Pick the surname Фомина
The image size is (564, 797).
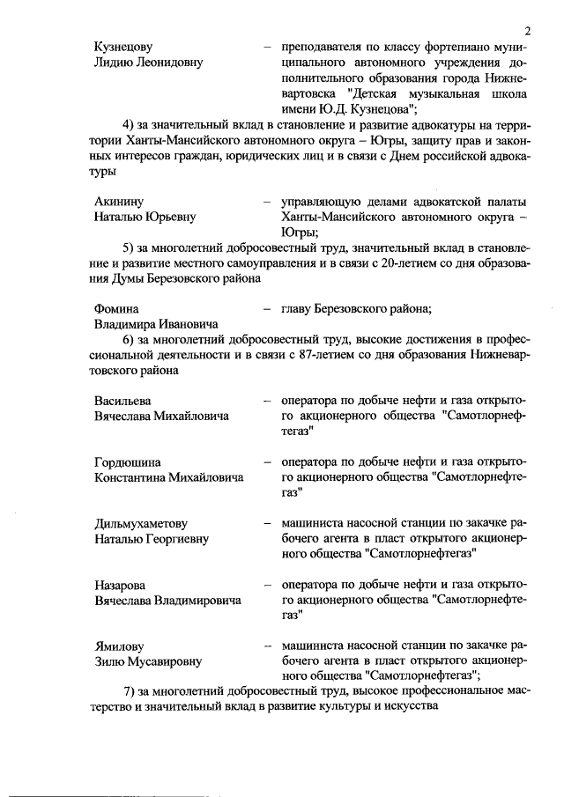[116, 308]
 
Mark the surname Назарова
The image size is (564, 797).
[121, 585]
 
